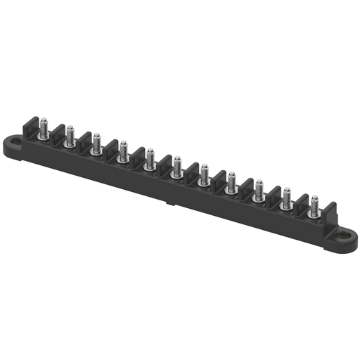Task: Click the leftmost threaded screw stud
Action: click(x=43, y=129)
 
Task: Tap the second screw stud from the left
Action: click(x=70, y=136)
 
